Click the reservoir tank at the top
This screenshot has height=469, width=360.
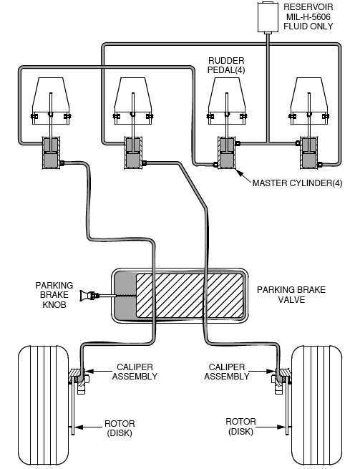click(268, 16)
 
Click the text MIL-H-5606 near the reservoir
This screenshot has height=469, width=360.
click(308, 16)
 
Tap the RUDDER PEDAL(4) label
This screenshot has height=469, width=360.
click(226, 65)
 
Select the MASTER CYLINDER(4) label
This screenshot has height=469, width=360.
click(297, 183)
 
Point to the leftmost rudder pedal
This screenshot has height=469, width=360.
click(51, 101)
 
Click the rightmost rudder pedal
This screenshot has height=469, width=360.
click(308, 101)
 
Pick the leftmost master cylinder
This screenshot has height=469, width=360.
click(52, 153)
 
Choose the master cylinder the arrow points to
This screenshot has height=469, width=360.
click(227, 153)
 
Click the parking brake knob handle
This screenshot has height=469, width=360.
click(87, 296)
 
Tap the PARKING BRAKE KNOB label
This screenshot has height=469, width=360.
click(54, 295)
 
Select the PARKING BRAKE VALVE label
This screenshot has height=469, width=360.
click(291, 294)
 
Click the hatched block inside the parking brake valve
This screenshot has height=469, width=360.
click(190, 296)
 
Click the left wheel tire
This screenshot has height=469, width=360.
click(44, 405)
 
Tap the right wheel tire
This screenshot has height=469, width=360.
click(317, 405)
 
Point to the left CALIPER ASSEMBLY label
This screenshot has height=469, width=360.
click(135, 372)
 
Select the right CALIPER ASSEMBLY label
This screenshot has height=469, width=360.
click(227, 372)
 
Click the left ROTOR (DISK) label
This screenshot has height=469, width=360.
click(120, 428)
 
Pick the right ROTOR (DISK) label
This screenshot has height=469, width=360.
click(240, 426)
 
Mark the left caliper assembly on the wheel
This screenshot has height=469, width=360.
click(78, 380)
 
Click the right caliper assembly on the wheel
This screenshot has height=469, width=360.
click(282, 380)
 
